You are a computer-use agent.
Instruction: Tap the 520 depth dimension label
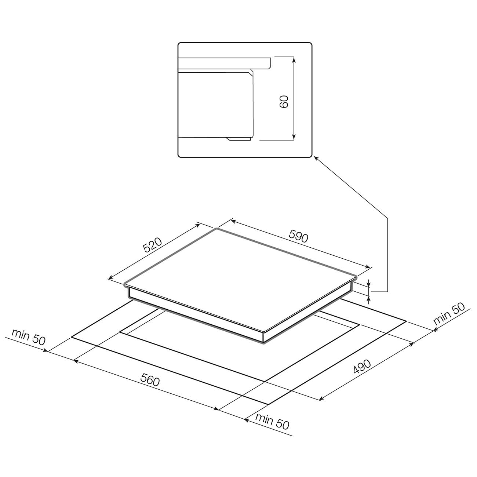pyautogui.click(x=152, y=245)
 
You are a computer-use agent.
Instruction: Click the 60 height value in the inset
pyautogui.click(x=284, y=102)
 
